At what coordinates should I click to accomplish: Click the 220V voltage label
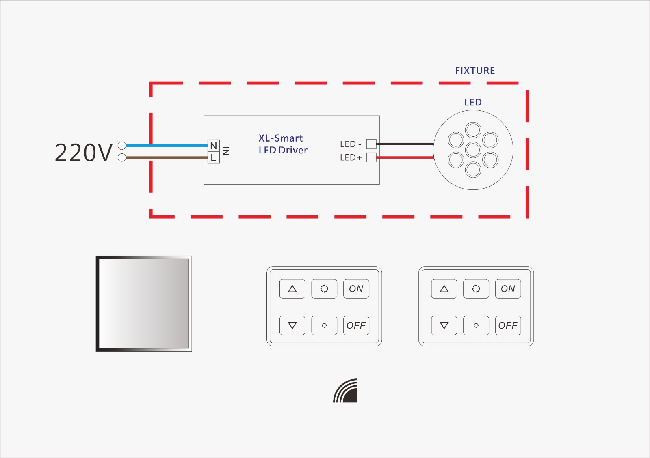[83, 153]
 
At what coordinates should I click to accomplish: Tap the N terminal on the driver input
[213, 145]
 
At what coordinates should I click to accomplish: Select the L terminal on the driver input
[213, 158]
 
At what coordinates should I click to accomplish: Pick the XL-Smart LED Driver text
[283, 144]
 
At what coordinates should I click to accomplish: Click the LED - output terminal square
[371, 144]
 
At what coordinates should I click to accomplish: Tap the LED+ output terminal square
[371, 157]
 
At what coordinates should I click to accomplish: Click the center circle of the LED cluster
[473, 150]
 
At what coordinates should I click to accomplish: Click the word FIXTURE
[475, 71]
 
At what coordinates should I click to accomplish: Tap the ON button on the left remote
[356, 289]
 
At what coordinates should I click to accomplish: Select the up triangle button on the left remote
[292, 289]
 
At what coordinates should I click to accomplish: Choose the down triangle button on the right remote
[444, 325]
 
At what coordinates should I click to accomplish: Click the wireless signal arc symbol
[346, 391]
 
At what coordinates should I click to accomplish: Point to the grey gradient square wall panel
[144, 303]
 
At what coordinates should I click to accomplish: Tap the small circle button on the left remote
[324, 325]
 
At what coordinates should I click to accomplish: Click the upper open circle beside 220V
[122, 145]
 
